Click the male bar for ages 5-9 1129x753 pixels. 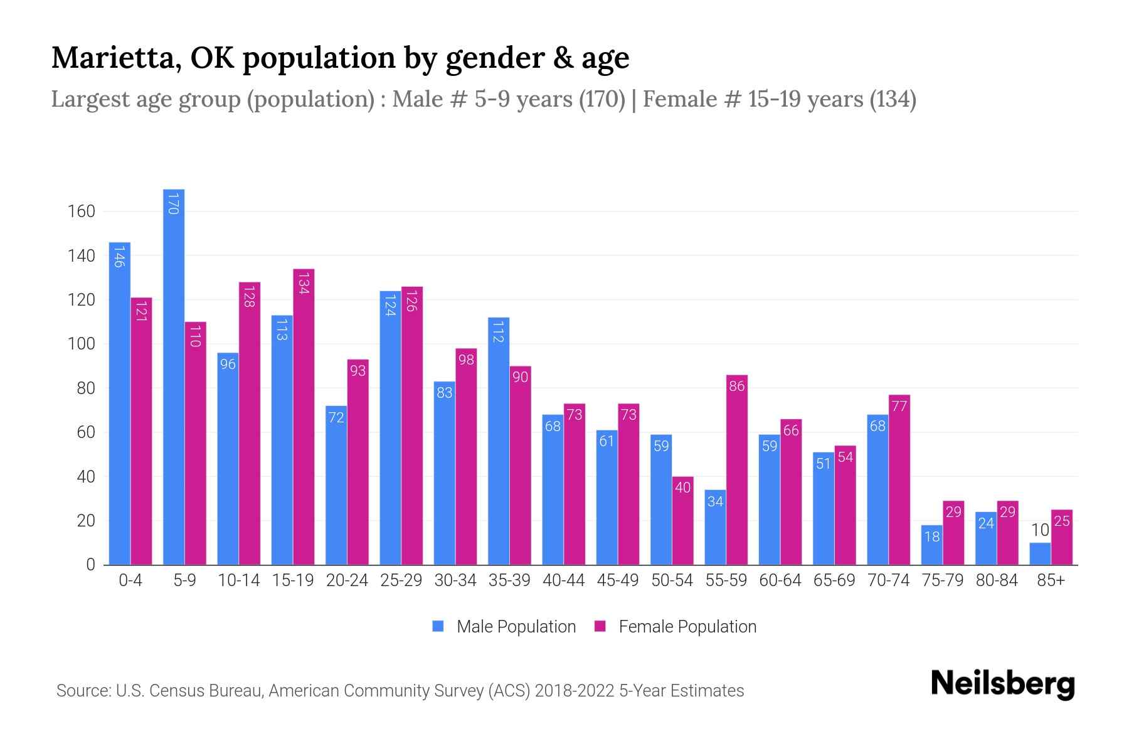[x=174, y=376]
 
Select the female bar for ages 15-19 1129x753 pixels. [x=304, y=417]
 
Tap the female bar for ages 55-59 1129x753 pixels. [x=737, y=471]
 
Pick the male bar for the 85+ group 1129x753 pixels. [x=1040, y=554]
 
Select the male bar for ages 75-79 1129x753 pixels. [x=932, y=545]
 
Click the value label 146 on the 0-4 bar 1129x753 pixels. [x=119, y=256]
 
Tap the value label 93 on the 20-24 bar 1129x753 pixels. [x=358, y=371]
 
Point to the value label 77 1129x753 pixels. [x=899, y=406]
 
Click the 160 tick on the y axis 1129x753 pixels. [x=82, y=211]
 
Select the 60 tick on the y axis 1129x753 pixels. [x=86, y=432]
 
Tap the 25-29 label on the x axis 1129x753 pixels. [x=401, y=580]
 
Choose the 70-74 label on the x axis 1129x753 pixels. [x=888, y=580]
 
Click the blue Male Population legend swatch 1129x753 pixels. [x=438, y=626]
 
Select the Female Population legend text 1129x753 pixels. [x=687, y=626]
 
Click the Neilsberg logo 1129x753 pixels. [x=1002, y=684]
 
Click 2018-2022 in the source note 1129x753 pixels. [x=575, y=691]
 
